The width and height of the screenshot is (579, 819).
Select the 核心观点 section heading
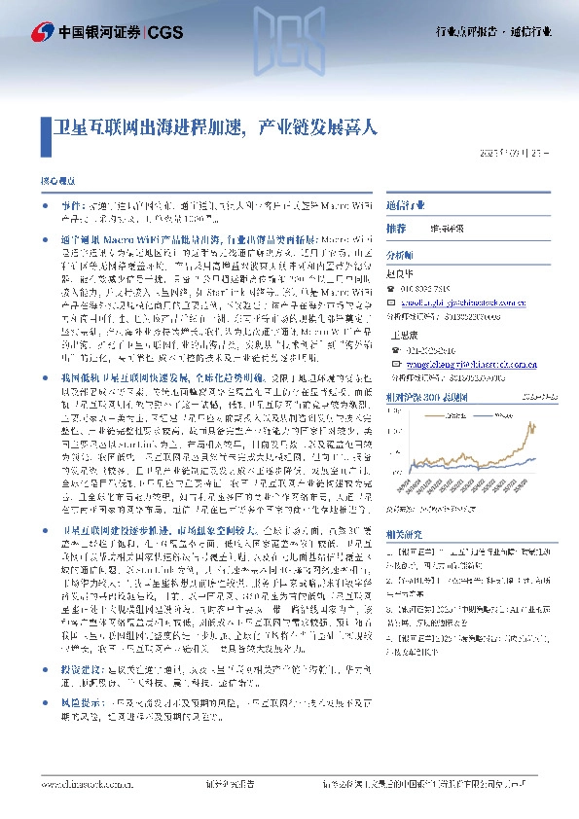point(57,182)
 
